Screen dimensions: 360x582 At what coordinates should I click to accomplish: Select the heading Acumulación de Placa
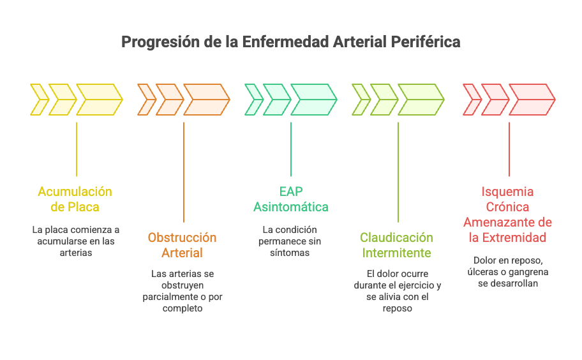(x=75, y=199)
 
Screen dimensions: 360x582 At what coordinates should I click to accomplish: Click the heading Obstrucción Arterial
(x=183, y=245)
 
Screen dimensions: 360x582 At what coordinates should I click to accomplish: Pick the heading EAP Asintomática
(x=291, y=199)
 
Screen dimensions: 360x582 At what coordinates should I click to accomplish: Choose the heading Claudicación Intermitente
(x=397, y=245)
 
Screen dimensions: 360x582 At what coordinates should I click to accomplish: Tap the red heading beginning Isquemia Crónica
(x=508, y=214)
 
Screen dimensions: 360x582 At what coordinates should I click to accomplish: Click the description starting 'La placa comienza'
(x=75, y=241)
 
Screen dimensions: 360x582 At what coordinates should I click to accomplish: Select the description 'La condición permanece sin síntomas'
(x=290, y=241)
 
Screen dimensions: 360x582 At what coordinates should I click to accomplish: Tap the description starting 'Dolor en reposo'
(x=508, y=271)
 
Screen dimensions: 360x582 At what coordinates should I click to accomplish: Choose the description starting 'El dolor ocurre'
(x=397, y=291)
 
